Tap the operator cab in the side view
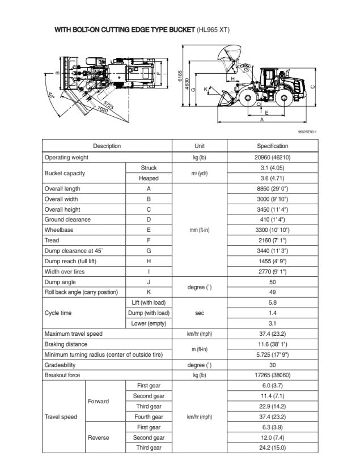pos(270,77)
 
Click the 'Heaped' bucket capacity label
pos(149,178)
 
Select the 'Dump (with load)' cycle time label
pos(149,313)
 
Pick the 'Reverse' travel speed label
pos(99,437)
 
